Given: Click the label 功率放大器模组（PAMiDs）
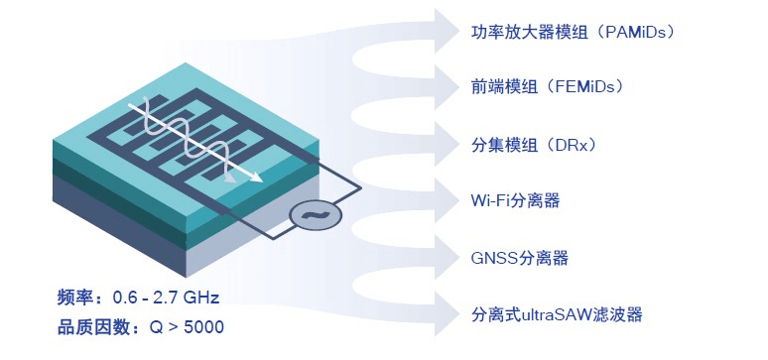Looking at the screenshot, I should click(573, 32).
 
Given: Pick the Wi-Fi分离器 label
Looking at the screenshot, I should click(515, 201).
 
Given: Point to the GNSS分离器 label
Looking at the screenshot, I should click(519, 259).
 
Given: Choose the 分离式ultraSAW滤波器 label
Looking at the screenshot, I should click(557, 314).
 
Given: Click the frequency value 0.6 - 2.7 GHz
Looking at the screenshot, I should click(166, 298).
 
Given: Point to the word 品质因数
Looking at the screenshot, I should click(90, 326).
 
